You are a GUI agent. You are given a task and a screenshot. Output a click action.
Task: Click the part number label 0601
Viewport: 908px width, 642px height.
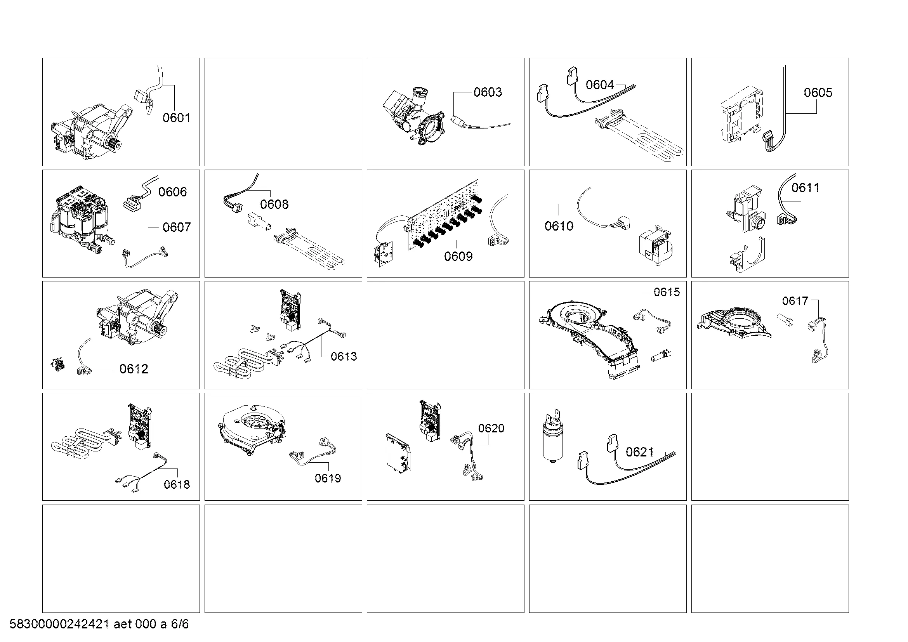click(176, 118)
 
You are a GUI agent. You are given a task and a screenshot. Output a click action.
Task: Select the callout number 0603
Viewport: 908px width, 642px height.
click(488, 92)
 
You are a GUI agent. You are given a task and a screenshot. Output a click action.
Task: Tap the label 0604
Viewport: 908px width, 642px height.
click(599, 85)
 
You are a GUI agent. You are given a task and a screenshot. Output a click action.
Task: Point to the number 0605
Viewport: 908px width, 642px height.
click(818, 92)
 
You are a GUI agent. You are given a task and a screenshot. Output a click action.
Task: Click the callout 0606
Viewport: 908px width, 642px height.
click(172, 192)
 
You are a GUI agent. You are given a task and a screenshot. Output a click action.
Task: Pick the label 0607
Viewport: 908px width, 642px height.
click(176, 227)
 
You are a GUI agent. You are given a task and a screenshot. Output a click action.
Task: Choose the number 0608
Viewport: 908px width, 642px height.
click(274, 205)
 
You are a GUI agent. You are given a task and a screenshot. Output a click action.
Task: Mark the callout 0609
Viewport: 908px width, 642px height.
click(458, 256)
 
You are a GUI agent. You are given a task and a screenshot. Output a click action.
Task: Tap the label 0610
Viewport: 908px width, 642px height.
click(558, 226)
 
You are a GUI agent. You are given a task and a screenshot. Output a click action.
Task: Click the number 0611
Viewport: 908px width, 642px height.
click(805, 187)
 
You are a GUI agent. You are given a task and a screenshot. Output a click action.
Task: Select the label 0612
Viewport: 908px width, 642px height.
click(134, 369)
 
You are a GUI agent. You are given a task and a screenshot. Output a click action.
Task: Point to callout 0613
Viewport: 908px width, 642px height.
click(343, 357)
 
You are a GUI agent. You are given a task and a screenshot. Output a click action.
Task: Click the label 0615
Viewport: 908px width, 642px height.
click(667, 292)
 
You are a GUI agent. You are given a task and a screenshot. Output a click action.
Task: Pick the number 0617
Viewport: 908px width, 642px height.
click(795, 301)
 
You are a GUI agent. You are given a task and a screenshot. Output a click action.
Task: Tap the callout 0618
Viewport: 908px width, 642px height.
click(176, 484)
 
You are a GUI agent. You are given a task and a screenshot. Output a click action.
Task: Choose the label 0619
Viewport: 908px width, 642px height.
click(328, 478)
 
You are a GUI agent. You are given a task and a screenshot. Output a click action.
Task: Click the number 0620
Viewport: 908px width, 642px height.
click(491, 428)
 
